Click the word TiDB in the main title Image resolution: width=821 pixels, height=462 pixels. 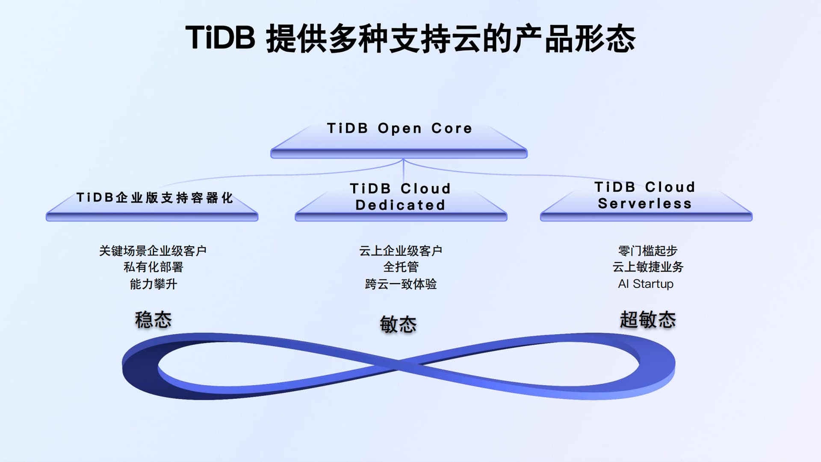pos(220,38)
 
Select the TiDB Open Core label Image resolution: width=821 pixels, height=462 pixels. pos(399,128)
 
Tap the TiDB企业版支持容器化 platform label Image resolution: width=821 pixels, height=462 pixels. pos(155,198)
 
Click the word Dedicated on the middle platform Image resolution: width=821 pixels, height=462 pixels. pos(400,205)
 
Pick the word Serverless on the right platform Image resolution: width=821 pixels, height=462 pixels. pos(645,204)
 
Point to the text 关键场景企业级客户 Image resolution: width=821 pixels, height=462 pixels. pos(153,251)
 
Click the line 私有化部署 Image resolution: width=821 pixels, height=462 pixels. pos(153,267)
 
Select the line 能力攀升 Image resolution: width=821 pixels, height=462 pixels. pos(153,284)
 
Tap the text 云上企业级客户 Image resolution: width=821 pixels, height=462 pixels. pos(401,251)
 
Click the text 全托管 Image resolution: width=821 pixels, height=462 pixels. pos(401,267)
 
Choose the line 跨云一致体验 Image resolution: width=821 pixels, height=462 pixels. pos(401,284)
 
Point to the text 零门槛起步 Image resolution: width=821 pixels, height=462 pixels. pos(647,251)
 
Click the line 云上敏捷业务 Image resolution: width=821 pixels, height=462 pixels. pos(647,267)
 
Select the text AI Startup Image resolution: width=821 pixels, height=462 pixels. pos(646,284)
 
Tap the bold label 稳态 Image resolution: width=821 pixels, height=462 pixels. pos(153,320)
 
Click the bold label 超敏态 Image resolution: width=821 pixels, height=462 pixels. pos(648,320)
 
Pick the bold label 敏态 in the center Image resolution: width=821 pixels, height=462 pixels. pos(398,325)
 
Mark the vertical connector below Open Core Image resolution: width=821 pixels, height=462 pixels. pos(403,171)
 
